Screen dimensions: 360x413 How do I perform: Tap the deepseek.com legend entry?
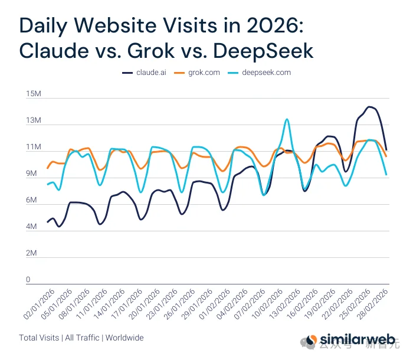point(262,73)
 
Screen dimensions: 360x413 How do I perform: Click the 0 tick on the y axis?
point(27,280)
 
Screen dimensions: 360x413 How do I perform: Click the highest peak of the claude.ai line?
point(369,107)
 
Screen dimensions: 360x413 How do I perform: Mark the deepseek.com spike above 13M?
point(287,119)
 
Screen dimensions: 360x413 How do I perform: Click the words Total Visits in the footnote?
point(39,338)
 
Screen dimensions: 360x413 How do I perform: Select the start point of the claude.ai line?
point(48,222)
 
